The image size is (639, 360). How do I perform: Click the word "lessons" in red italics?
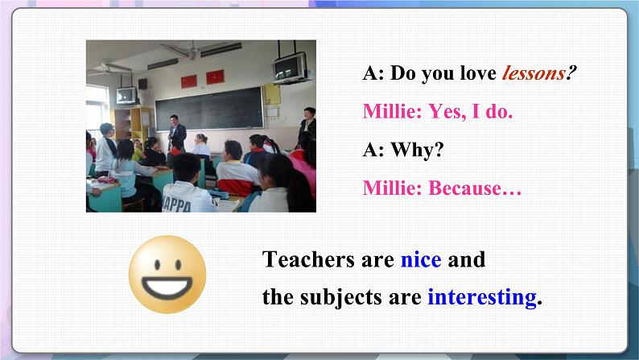[x=533, y=74]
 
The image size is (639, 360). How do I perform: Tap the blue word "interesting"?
[x=481, y=297]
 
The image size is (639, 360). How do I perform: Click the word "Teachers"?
[x=307, y=260]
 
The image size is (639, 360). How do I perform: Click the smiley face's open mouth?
[x=168, y=285]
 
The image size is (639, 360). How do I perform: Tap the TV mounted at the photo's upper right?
[x=290, y=67]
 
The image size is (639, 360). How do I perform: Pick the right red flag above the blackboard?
[x=214, y=77]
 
